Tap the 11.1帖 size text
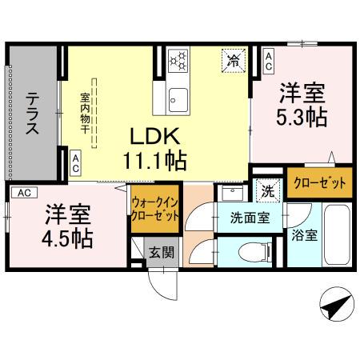coord(154,160)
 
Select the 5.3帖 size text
coord(301,117)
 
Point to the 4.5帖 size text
coord(68,237)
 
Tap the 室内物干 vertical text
coord(84,112)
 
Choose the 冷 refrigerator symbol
coord(234,59)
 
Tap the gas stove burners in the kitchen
coord(178,59)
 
